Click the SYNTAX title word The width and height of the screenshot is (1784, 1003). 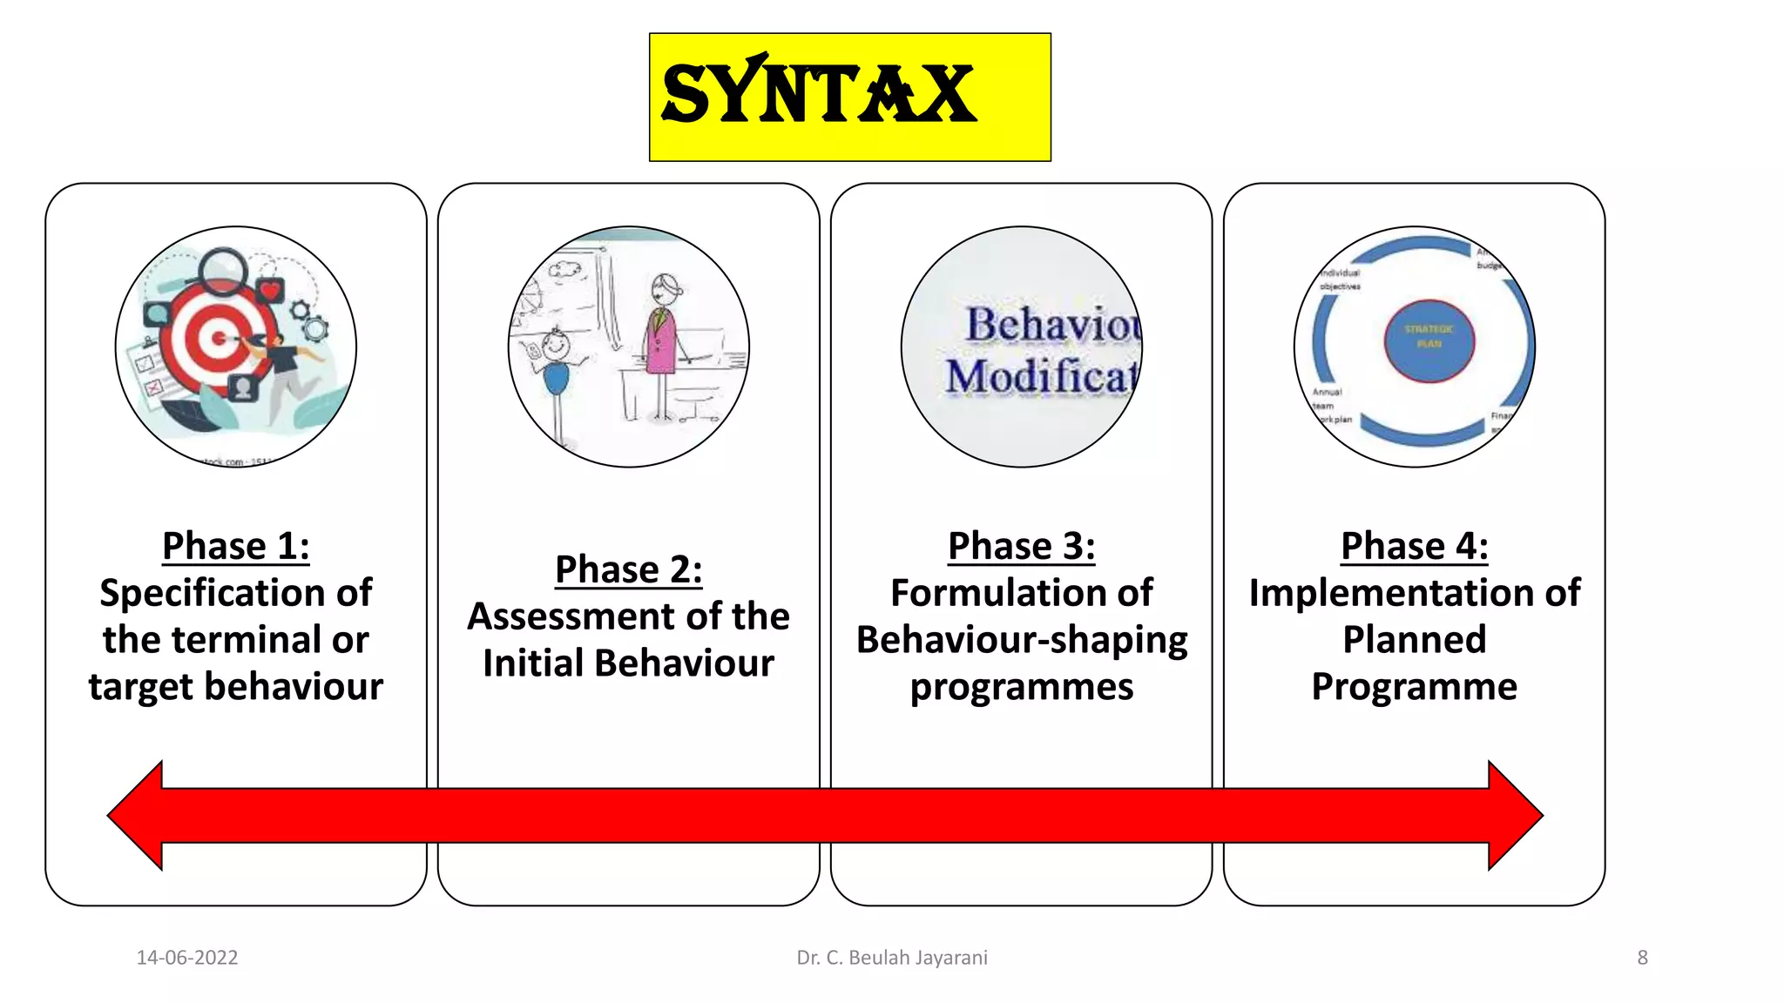(x=818, y=94)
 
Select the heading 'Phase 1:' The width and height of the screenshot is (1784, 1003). (x=235, y=547)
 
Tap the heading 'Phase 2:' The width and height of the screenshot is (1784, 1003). (x=628, y=570)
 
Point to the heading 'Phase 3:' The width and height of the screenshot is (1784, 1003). (x=1021, y=547)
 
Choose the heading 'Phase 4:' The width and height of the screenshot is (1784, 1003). (x=1414, y=547)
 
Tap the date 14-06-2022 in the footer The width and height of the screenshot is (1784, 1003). (x=187, y=958)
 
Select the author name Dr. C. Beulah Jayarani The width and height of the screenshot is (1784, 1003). (x=892, y=958)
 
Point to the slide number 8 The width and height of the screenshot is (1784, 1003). (x=1642, y=958)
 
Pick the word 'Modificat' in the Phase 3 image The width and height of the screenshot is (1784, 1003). (x=1042, y=378)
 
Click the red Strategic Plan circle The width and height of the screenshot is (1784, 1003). (x=1429, y=340)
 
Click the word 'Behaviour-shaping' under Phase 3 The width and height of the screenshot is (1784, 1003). (x=1021, y=641)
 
